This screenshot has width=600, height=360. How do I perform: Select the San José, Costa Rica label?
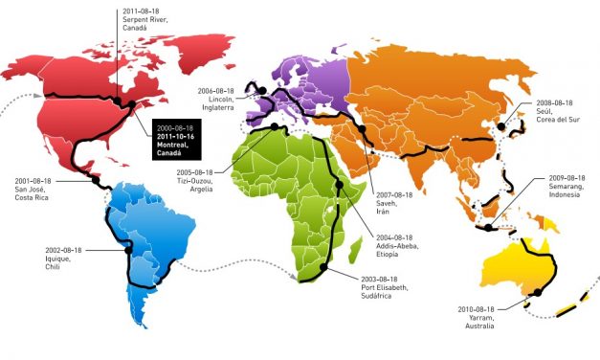point(37,189)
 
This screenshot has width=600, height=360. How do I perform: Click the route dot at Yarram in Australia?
point(538,292)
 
